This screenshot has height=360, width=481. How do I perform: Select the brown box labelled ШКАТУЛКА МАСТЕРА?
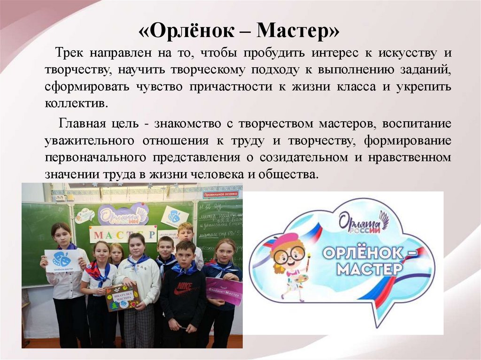123,298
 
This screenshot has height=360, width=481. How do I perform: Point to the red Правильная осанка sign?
220,194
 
